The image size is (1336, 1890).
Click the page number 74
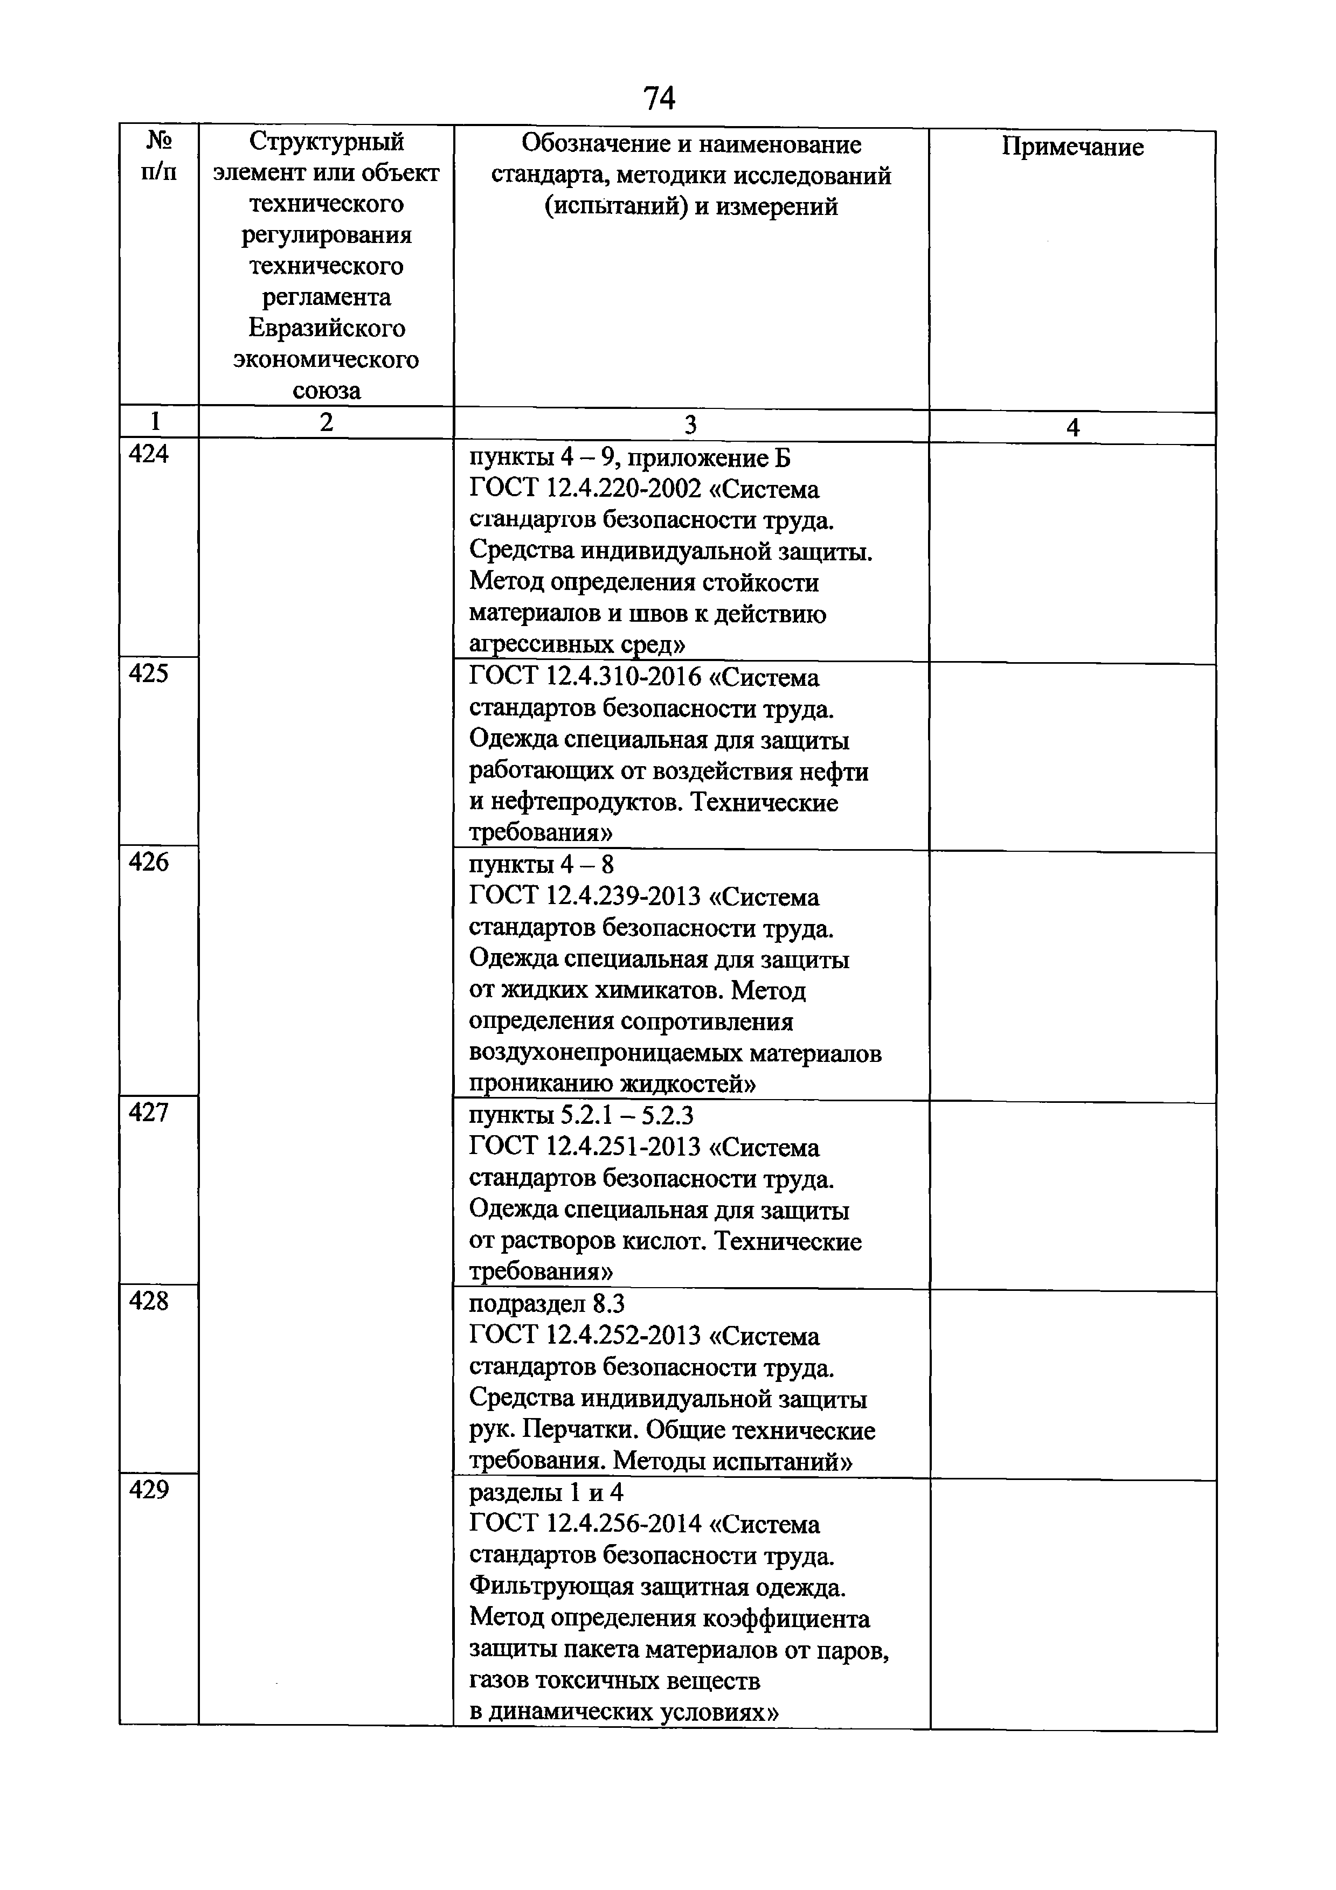click(659, 98)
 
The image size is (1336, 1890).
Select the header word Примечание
click(1072, 147)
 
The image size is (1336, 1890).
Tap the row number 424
click(149, 454)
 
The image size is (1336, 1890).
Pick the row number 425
click(149, 673)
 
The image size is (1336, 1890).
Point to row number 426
click(149, 862)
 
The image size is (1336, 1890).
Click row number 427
click(149, 1113)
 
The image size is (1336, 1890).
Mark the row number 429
click(149, 1490)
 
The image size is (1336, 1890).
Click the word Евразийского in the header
click(327, 329)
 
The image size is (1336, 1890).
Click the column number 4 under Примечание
click(1072, 427)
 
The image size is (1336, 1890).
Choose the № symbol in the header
click(159, 141)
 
